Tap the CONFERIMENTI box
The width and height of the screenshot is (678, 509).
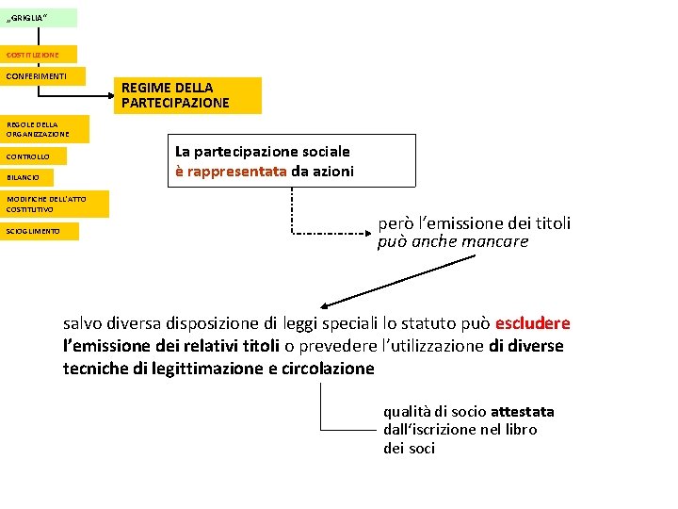coord(42,75)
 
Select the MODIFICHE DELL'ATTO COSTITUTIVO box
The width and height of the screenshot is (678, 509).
coord(55,204)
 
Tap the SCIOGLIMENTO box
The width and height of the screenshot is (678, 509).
coord(40,231)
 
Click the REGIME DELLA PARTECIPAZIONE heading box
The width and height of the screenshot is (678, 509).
coord(189,95)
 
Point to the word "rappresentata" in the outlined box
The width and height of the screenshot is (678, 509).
coord(236,172)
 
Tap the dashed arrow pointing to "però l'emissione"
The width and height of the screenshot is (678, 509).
coord(330,231)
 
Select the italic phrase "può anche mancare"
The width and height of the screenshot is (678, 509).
coord(453,242)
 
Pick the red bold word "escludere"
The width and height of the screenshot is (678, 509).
coord(532,323)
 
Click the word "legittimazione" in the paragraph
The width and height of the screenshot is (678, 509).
coord(201,369)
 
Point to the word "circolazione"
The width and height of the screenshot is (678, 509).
coord(327,369)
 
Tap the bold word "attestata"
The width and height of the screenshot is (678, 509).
coord(522,412)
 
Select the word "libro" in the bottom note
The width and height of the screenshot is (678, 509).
coord(519,430)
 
